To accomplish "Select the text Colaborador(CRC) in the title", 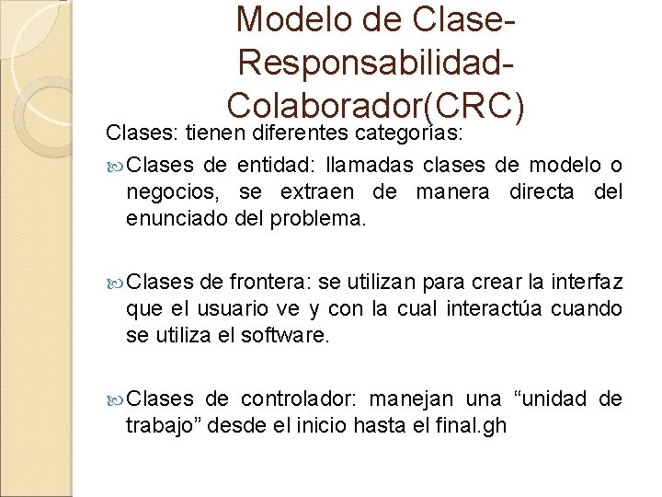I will (x=376, y=106).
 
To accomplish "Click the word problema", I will (x=330, y=219).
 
